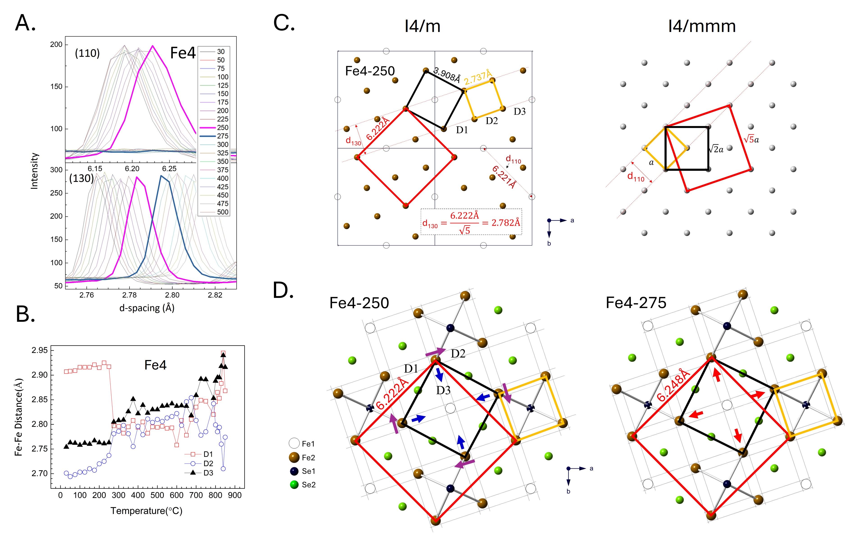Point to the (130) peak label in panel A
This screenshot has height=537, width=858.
click(x=81, y=178)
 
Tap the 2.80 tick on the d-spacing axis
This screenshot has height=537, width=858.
click(x=172, y=295)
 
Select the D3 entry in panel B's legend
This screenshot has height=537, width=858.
click(x=208, y=473)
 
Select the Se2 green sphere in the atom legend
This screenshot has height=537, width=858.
click(x=294, y=485)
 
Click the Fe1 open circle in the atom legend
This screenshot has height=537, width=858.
click(x=294, y=443)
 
